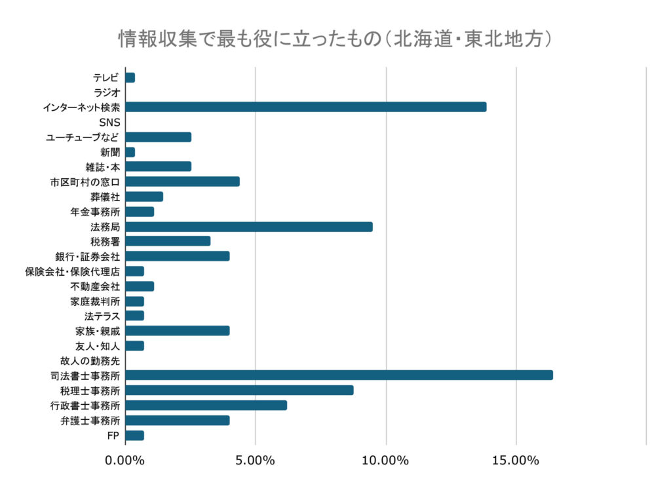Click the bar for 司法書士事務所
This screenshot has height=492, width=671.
(x=339, y=375)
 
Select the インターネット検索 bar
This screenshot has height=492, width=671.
(x=305, y=107)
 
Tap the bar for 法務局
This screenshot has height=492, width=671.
(x=249, y=227)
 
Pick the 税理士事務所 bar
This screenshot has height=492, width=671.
(x=239, y=390)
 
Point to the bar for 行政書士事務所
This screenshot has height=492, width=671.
(x=206, y=405)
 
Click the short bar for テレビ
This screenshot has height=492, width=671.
(x=130, y=77)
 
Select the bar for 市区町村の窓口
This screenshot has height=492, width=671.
(x=182, y=181)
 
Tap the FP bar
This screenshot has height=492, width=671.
(x=134, y=435)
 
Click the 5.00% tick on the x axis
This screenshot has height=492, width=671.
(x=255, y=461)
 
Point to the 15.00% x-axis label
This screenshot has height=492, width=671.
(x=516, y=461)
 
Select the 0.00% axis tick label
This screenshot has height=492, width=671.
(x=125, y=461)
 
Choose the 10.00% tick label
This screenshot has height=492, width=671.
(x=385, y=461)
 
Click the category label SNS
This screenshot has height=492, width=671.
(x=109, y=123)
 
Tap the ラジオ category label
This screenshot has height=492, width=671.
(x=106, y=92)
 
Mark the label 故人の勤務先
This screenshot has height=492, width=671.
(x=90, y=360)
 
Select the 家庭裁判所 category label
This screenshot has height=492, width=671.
(x=95, y=301)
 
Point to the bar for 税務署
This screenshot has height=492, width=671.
(x=168, y=241)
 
